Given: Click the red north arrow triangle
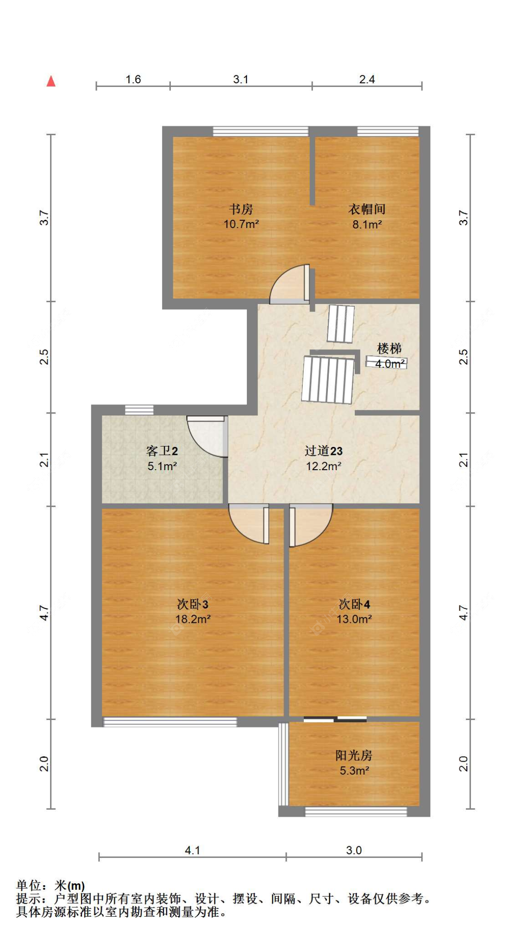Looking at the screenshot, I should tap(51, 81).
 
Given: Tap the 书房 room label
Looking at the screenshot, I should tap(241, 209).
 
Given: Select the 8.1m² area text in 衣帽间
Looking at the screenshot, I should tap(367, 224).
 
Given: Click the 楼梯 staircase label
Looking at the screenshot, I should tap(389, 348).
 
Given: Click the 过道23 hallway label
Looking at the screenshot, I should tap(323, 451).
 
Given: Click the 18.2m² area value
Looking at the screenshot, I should tap(193, 619).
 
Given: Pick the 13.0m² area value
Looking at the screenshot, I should tap(354, 619).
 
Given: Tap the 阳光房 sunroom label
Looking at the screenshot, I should tap(354, 755).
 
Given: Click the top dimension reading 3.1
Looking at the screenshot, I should tap(240, 79).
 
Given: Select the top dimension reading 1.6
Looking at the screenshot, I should tap(133, 79).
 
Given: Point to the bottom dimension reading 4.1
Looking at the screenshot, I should tap(192, 850).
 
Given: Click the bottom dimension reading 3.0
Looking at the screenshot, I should tap(354, 850).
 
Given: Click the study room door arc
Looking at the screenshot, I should tap(289, 285).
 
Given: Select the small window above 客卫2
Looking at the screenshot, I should tap(139, 409).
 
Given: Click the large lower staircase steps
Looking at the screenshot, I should tap(328, 379).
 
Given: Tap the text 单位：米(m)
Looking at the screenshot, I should tap(50, 886).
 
